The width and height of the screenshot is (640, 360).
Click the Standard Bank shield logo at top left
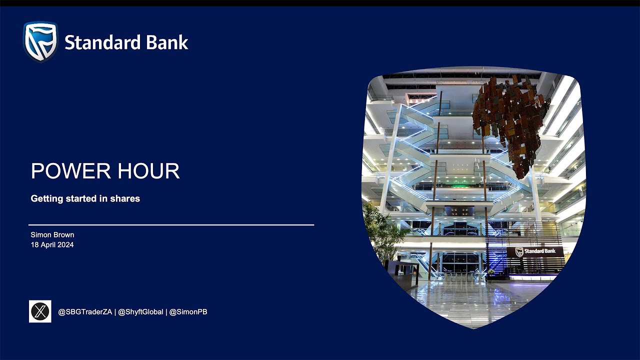pyautogui.click(x=40, y=41)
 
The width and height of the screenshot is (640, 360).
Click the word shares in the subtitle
pyautogui.click(x=126, y=198)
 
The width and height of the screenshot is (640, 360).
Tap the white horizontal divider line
pyautogui.click(x=171, y=225)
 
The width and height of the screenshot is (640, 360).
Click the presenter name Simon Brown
pyautogui.click(x=52, y=235)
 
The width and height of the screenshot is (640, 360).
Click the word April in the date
pyautogui.click(x=48, y=245)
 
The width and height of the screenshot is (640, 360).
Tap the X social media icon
pyautogui.click(x=40, y=311)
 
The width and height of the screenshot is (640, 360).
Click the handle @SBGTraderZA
pyautogui.click(x=85, y=312)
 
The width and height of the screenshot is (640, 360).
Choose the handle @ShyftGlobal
pyautogui.click(x=140, y=312)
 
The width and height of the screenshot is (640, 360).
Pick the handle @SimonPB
pyautogui.click(x=188, y=312)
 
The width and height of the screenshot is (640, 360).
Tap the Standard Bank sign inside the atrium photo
pyautogui.click(x=535, y=251)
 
